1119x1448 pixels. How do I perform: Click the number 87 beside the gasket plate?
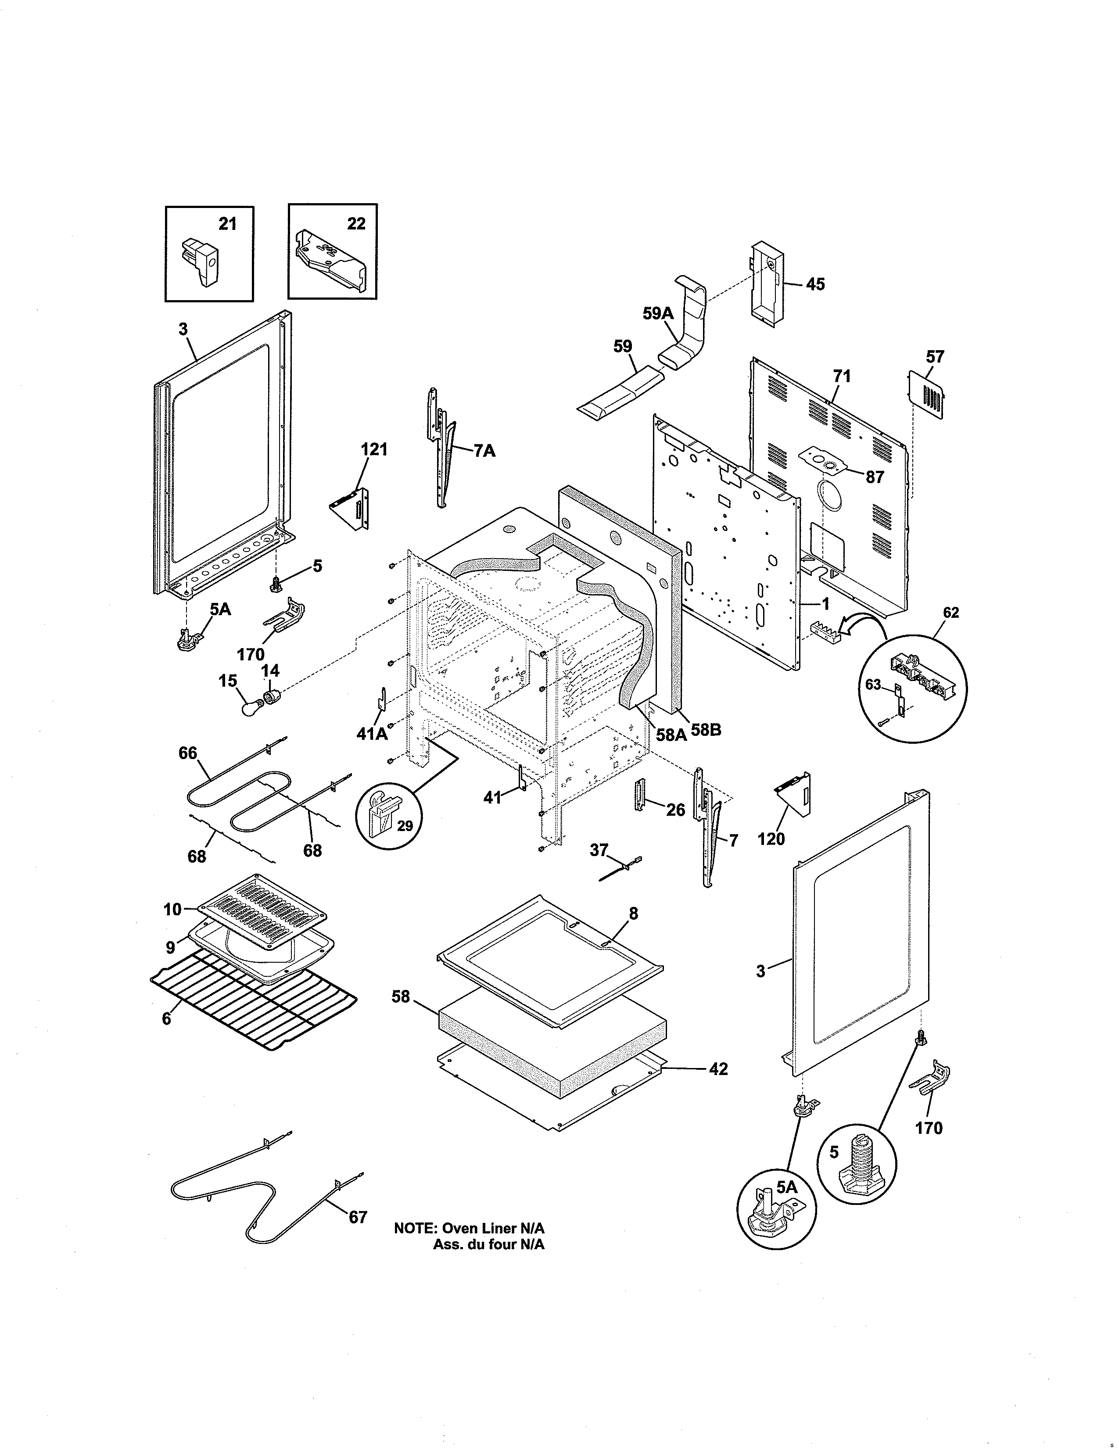coord(875,477)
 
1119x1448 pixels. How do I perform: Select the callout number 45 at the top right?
coord(815,284)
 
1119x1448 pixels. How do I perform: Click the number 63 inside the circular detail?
coord(873,684)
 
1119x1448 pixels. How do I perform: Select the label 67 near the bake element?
coord(358,1217)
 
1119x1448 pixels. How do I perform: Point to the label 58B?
coord(706,731)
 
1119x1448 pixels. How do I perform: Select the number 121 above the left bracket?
coord(374,449)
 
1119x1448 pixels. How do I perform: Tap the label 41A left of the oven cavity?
coord(371,733)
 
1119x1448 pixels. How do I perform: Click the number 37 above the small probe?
coord(599,850)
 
